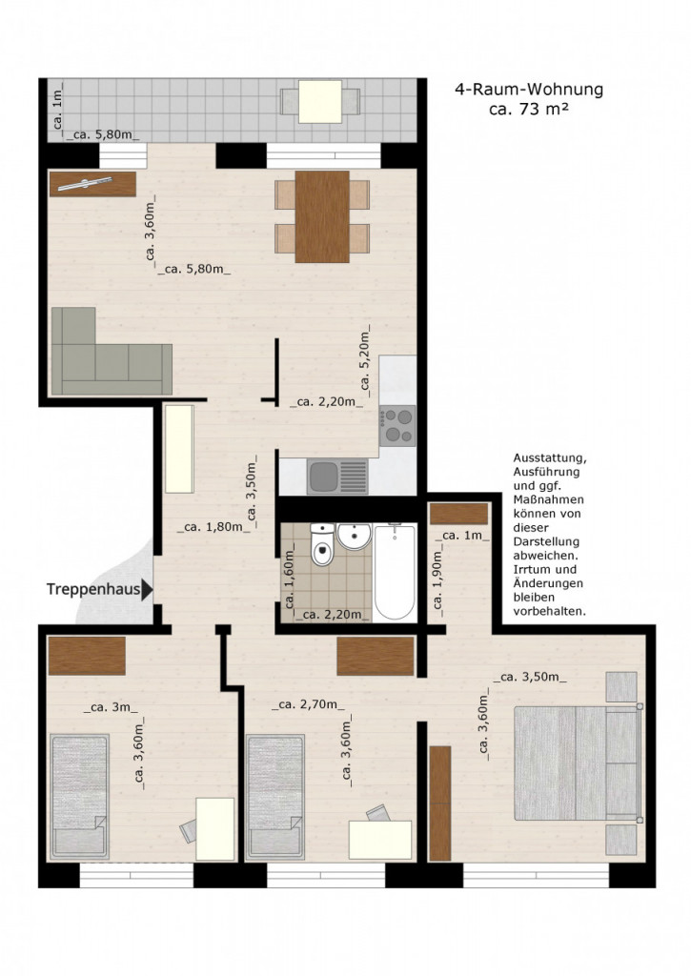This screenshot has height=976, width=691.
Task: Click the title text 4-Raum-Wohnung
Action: [x=528, y=91]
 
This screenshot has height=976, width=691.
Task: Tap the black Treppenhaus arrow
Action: [x=147, y=590]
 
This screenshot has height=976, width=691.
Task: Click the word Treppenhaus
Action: [x=91, y=590]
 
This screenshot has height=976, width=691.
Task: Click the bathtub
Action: [x=394, y=570]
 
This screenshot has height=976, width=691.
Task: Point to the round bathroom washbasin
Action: [x=355, y=536]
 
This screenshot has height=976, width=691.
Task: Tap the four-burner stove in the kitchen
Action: [x=396, y=426]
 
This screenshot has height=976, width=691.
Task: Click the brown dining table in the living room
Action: [x=322, y=216]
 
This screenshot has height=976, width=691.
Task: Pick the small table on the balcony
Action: [x=319, y=100]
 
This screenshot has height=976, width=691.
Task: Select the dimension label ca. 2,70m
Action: [x=308, y=706]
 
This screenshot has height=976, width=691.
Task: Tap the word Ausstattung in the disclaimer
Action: [x=551, y=457]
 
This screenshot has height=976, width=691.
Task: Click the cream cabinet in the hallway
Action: [x=179, y=448]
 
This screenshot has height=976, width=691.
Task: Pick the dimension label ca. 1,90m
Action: [x=439, y=579]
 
